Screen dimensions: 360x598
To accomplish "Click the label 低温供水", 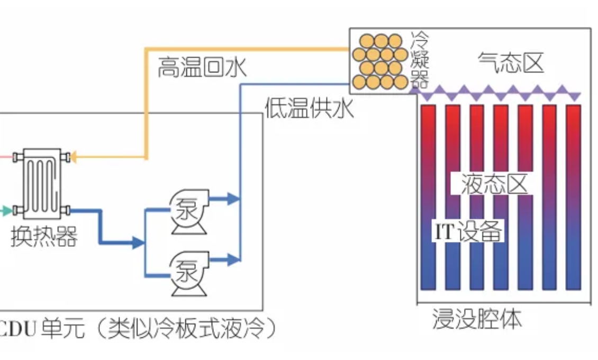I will tap(310, 110).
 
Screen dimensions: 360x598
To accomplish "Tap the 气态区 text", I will tap(511, 63).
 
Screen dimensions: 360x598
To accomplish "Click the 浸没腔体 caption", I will tap(477, 320).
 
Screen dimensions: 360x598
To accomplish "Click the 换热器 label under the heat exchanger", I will tap(44, 236).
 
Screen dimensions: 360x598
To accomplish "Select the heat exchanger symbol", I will tap(42, 183).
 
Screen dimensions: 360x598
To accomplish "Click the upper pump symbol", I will tap(188, 211).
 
